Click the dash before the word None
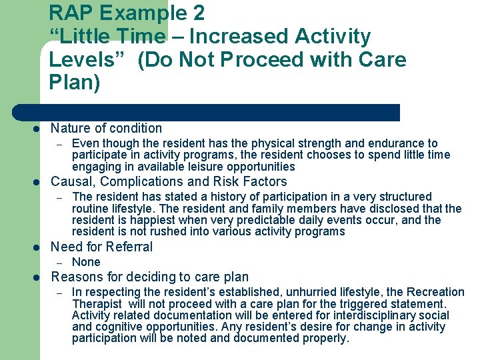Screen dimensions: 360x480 pos(59,263)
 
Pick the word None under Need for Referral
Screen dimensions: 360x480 pos(86,263)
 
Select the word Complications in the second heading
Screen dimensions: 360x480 pos(136,182)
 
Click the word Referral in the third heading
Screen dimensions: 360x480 pos(128,247)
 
